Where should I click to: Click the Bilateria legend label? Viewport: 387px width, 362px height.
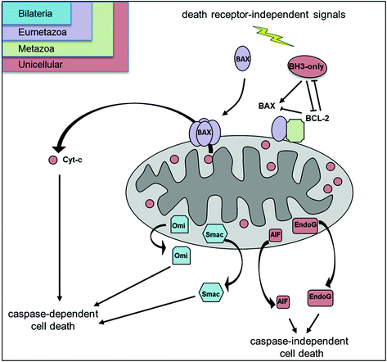pyautogui.click(x=35, y=14)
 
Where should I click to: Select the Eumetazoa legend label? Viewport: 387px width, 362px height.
pyautogui.click(x=43, y=32)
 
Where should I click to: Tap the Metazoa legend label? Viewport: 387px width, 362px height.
pyautogui.click(x=36, y=49)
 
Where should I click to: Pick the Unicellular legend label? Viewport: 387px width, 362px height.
pyautogui.click(x=40, y=65)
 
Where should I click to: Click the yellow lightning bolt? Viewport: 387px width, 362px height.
pyautogui.click(x=273, y=36)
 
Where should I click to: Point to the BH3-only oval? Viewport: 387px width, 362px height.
pyautogui.click(x=307, y=67)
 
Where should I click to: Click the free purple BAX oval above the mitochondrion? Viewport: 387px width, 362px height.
pyautogui.click(x=242, y=59)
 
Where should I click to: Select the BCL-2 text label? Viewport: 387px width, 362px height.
pyautogui.click(x=317, y=118)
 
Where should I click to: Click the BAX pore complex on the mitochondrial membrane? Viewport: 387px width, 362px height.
pyautogui.click(x=205, y=133)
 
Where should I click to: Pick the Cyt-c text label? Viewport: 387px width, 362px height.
pyautogui.click(x=72, y=160)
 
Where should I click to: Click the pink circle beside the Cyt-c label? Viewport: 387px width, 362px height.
pyautogui.click(x=53, y=160)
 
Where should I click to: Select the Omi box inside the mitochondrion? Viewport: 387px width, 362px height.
pyautogui.click(x=179, y=224)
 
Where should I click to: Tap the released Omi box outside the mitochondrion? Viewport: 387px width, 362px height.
pyautogui.click(x=182, y=256)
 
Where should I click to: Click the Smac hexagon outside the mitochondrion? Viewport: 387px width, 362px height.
pyautogui.click(x=211, y=293)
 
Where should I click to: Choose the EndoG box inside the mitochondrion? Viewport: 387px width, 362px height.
pyautogui.click(x=305, y=225)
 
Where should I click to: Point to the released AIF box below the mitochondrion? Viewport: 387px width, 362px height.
pyautogui.click(x=283, y=301)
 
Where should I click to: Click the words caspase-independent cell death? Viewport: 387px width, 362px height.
pyautogui.click(x=299, y=347)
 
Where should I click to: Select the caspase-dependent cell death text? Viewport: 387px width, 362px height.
pyautogui.click(x=53, y=320)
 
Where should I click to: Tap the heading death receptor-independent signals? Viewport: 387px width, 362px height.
pyautogui.click(x=263, y=14)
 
